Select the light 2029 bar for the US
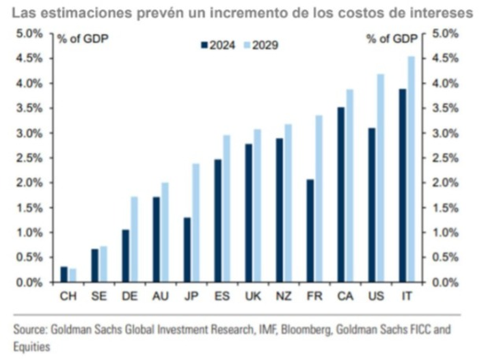click(381, 178)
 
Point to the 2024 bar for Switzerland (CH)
click(64, 275)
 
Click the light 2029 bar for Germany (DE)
click(134, 240)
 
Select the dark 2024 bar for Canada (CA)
click(341, 195)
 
